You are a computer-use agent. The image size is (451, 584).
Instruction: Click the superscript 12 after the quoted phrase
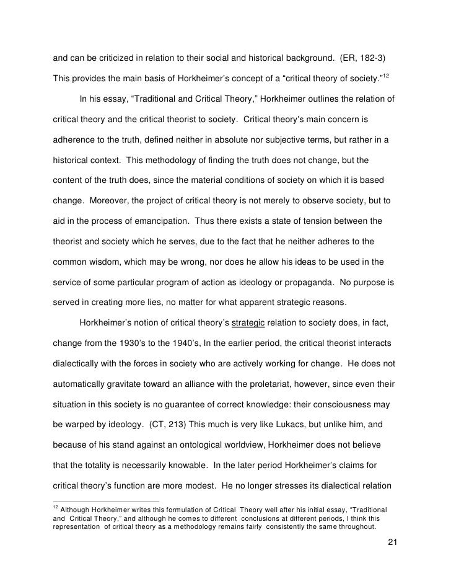click(387, 76)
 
